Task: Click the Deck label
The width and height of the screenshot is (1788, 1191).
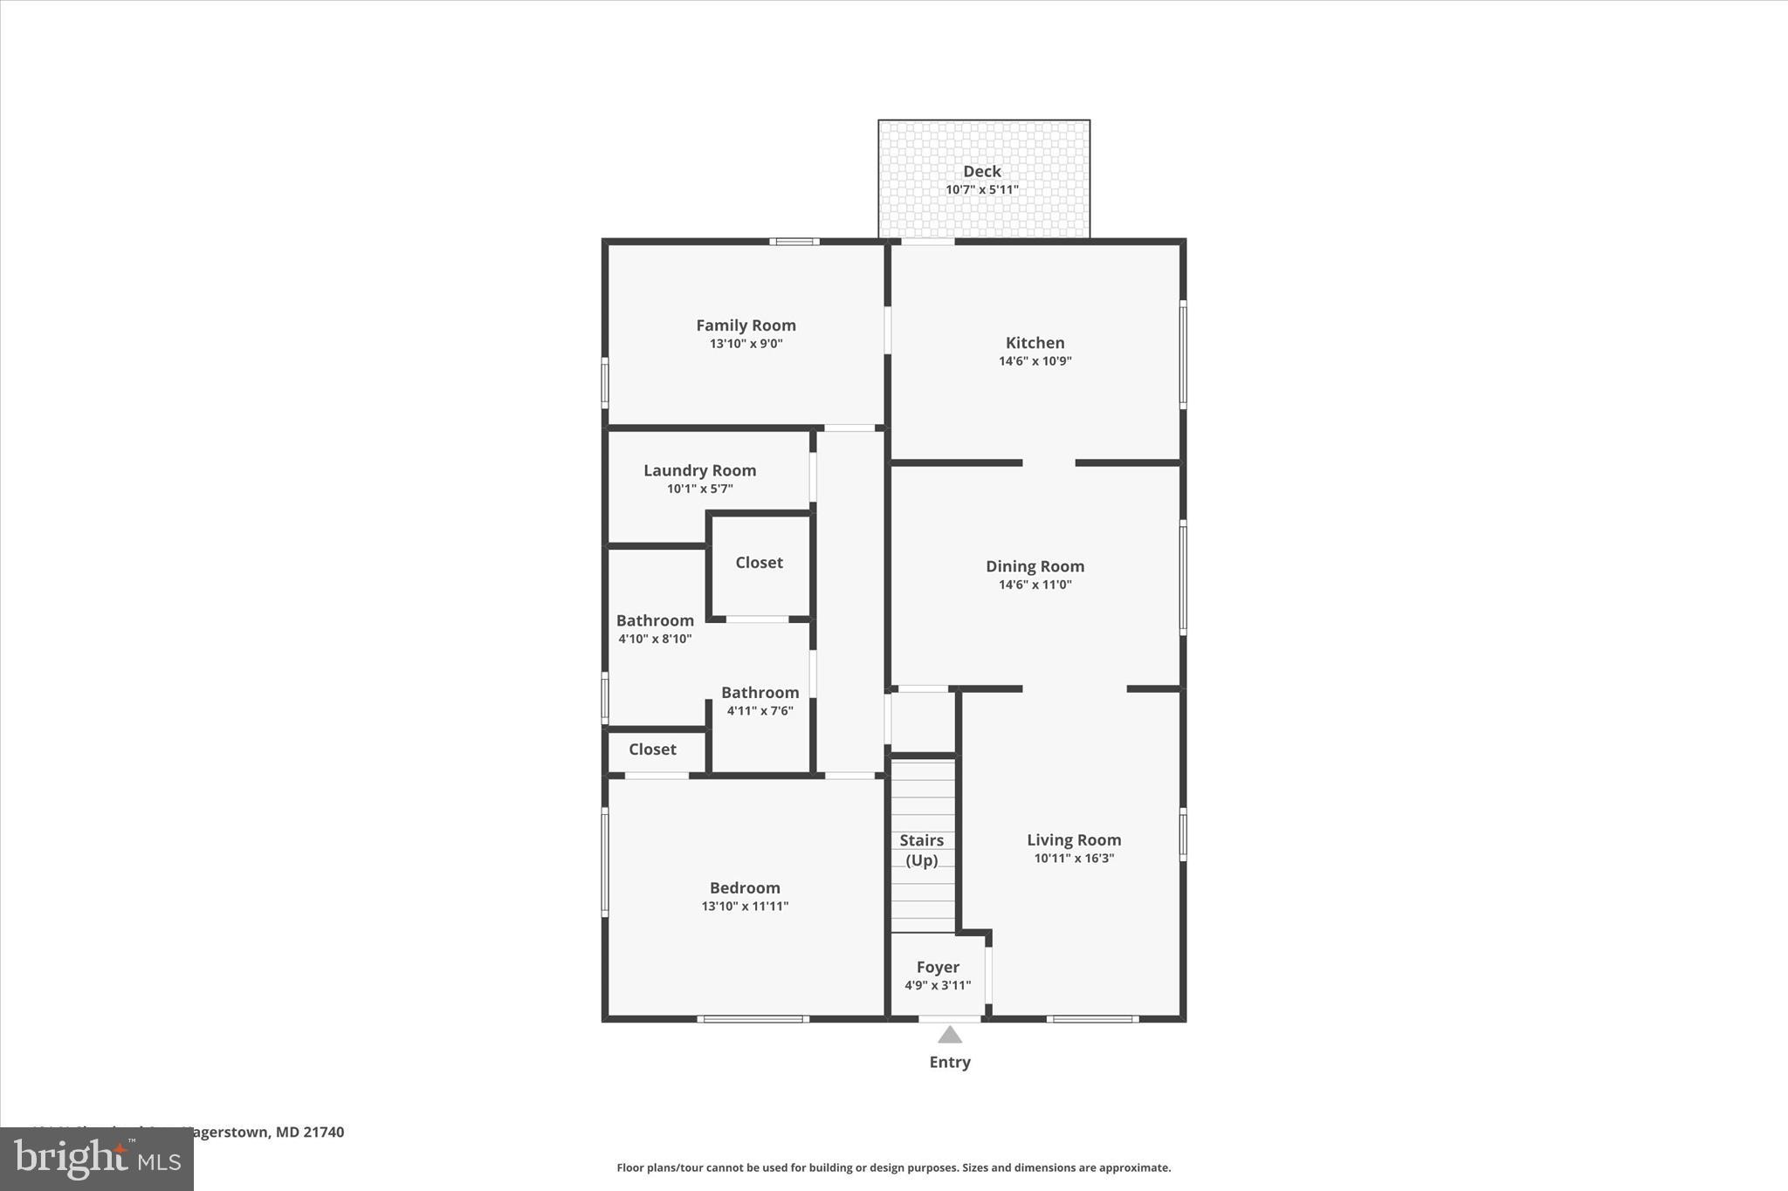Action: [x=981, y=172]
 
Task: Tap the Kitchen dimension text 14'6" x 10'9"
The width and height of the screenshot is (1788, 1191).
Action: [x=1035, y=361]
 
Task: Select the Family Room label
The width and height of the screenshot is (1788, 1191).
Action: [x=746, y=325]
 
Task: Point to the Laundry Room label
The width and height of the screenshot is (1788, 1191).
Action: [x=699, y=470]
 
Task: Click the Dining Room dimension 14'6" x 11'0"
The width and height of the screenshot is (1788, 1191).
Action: [x=1035, y=585]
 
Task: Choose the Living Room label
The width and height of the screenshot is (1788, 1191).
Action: [x=1073, y=840]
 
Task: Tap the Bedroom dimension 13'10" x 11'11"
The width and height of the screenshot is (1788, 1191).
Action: [x=745, y=907]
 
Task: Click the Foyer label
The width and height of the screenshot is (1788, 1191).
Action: [x=938, y=967]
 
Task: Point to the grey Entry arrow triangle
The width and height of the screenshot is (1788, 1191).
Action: [x=950, y=1036]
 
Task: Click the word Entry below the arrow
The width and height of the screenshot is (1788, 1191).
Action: [x=950, y=1062]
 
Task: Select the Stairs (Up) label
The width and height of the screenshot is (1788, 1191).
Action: [x=921, y=850]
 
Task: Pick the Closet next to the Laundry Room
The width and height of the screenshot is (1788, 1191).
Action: [x=759, y=563]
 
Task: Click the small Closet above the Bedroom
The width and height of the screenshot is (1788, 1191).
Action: [x=652, y=750]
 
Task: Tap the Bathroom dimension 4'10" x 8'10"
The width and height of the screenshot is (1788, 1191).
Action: [x=655, y=639]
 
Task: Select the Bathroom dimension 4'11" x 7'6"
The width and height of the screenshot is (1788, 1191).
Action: [x=760, y=711]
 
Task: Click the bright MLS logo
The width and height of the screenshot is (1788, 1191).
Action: [x=97, y=1159]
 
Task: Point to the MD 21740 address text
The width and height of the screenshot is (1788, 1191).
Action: [x=310, y=1133]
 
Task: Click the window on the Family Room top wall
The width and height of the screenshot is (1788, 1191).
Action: [x=794, y=242]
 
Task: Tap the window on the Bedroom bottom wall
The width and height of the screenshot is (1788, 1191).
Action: [x=753, y=1018]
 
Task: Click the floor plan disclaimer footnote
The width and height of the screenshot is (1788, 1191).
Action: [x=893, y=1167]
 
